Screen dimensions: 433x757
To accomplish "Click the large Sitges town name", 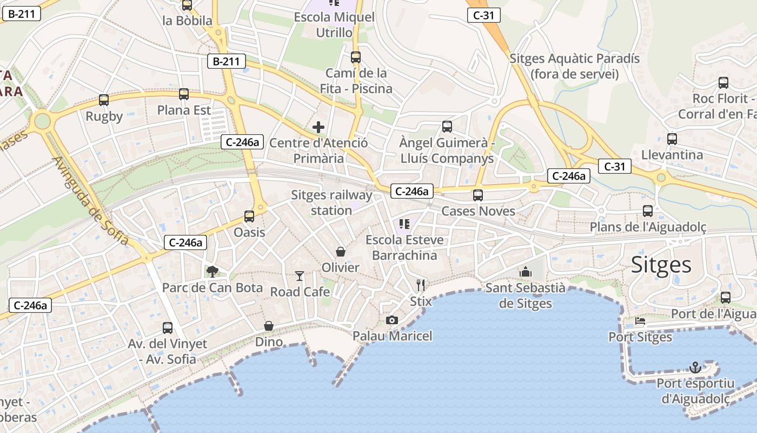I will coord(661,265).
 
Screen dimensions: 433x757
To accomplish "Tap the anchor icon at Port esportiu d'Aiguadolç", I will coord(695,368).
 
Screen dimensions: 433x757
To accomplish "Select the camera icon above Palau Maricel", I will coord(392,320).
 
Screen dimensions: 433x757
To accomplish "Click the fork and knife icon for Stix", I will coord(421,285).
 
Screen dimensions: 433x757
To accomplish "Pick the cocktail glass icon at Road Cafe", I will coord(300,276).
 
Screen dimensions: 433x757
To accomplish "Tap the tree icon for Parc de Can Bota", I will coord(213,271).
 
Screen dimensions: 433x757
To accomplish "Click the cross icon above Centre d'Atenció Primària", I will coord(318,127).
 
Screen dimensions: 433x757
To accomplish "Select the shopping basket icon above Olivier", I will coord(341,252).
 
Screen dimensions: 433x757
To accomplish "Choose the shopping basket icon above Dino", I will coord(269,326).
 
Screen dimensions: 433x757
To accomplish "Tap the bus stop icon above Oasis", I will coord(249,216).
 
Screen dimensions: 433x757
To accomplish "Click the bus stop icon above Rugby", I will coord(104,100).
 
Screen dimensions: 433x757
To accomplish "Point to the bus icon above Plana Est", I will coord(184,94).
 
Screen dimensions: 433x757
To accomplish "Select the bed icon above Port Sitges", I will coord(640,321).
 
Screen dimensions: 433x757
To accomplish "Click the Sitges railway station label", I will coord(331,202).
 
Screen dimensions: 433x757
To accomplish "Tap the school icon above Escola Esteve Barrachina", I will coord(404,224).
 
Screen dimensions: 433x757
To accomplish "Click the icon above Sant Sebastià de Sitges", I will coord(526,272).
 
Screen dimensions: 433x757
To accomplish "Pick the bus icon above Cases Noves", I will coord(478,195).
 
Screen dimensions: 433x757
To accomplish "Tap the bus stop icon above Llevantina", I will coord(672,139).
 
